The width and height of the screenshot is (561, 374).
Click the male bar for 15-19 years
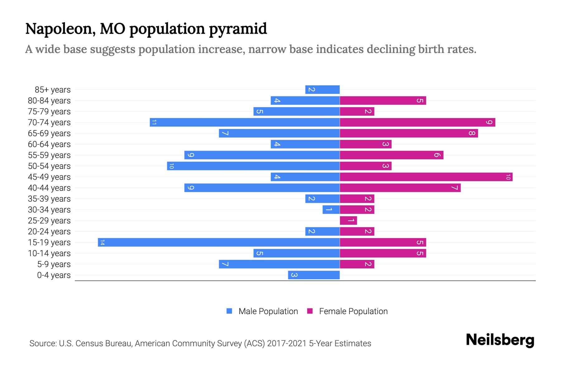coord(218,242)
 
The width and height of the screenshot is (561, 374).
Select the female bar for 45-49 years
coord(426,177)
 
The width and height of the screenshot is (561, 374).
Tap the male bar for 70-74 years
coord(245,122)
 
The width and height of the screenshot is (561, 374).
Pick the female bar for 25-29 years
coord(348,221)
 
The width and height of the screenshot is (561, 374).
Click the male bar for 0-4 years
coord(314,275)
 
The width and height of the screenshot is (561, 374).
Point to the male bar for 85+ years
coord(322,90)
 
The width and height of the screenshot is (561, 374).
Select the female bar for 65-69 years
coord(409,133)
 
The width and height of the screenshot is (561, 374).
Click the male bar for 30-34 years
coord(331,210)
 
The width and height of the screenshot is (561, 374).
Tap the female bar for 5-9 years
coord(357,264)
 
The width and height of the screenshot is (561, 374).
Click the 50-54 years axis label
coord(49,166)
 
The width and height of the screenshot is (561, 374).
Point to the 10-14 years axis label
coord(49,253)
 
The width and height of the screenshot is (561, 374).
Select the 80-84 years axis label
coord(49,101)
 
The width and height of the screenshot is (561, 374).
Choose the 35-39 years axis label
coord(49,199)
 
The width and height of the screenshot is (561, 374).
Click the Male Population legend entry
coord(268,311)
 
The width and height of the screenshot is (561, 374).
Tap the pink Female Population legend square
coord(310,311)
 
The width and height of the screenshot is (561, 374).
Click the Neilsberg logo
coord(500,340)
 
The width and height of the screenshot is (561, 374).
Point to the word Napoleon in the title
coord(60,29)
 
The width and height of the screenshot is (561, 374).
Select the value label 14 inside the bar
coord(102,242)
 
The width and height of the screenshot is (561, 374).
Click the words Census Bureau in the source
coord(104,343)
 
